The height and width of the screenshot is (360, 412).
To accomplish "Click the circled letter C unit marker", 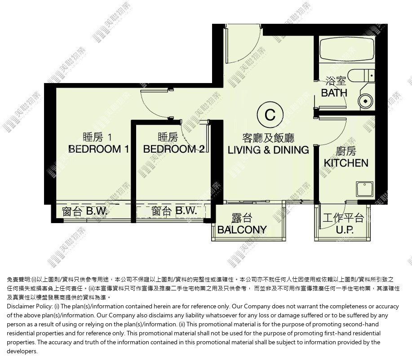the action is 270,115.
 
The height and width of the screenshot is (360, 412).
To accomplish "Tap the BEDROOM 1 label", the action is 98,149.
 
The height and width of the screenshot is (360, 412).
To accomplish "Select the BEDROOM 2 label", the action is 174,149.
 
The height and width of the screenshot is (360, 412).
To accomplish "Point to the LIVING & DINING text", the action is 268,150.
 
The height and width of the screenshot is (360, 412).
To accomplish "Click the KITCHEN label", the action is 346,163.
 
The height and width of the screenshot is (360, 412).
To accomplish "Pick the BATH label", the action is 334,93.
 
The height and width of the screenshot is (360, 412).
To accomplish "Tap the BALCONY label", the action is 242,230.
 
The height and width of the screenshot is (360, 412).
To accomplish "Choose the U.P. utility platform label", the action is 345,230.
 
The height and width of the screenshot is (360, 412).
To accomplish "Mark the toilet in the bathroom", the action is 361,76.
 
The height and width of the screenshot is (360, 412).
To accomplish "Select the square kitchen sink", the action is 364,189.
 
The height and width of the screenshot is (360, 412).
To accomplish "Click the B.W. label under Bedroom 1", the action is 97,211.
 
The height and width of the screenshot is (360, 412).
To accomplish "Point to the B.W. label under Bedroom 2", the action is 186,211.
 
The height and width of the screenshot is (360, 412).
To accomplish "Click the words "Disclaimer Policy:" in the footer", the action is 30,307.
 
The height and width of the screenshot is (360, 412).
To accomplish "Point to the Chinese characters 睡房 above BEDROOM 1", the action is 93,137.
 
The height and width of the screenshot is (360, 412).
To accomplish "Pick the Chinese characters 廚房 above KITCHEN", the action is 346,151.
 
